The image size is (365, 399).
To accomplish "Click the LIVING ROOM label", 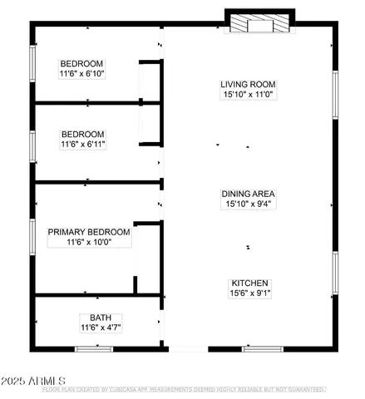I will pos(247,85).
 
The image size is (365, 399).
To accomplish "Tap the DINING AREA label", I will pos(247,192).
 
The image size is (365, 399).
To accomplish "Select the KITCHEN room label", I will pos(247,282).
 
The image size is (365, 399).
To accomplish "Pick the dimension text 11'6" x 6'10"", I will pos(81,74).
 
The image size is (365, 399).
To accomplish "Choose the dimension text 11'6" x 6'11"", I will pos(81,145).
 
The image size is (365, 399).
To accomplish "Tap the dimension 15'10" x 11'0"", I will pos(247,96).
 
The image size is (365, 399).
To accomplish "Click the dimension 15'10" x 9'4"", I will pos(247,203).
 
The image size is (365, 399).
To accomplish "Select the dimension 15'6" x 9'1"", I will pos(247,293).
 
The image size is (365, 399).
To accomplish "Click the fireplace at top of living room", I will pos(259,22).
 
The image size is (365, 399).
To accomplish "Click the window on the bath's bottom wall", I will pos(94,348).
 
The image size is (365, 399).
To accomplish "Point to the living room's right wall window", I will pos(336,91).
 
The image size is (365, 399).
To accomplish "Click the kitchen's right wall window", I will pos(336,278).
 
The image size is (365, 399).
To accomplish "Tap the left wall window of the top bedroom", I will pos(32,66).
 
